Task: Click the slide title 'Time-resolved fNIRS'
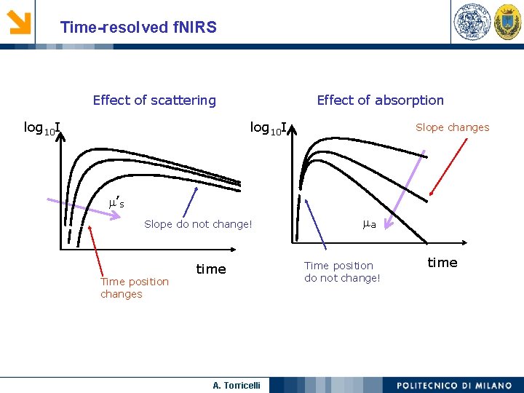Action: coord(138,27)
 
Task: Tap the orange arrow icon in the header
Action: coord(19,22)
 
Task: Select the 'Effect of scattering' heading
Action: coord(154,100)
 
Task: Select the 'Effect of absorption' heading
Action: coord(381,100)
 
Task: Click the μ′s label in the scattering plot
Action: coord(116,202)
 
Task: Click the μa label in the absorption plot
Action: coord(369,224)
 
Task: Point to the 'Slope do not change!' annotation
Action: coord(198,224)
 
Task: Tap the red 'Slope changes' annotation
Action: coord(453,127)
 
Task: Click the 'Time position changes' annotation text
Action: coord(135,287)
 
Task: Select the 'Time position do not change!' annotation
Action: coord(342,271)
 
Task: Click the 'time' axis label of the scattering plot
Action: coord(211,269)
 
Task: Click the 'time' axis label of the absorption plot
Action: coord(442,263)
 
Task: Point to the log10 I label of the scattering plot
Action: coord(42,128)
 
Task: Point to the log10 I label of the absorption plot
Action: coord(269,128)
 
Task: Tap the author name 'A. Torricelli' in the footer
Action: coord(237,385)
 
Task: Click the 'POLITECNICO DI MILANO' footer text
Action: coord(454,385)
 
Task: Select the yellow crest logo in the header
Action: coord(508,22)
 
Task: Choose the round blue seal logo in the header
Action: coord(472,21)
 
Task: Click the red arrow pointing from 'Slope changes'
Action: coord(448,167)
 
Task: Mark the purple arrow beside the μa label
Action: coord(405,190)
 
